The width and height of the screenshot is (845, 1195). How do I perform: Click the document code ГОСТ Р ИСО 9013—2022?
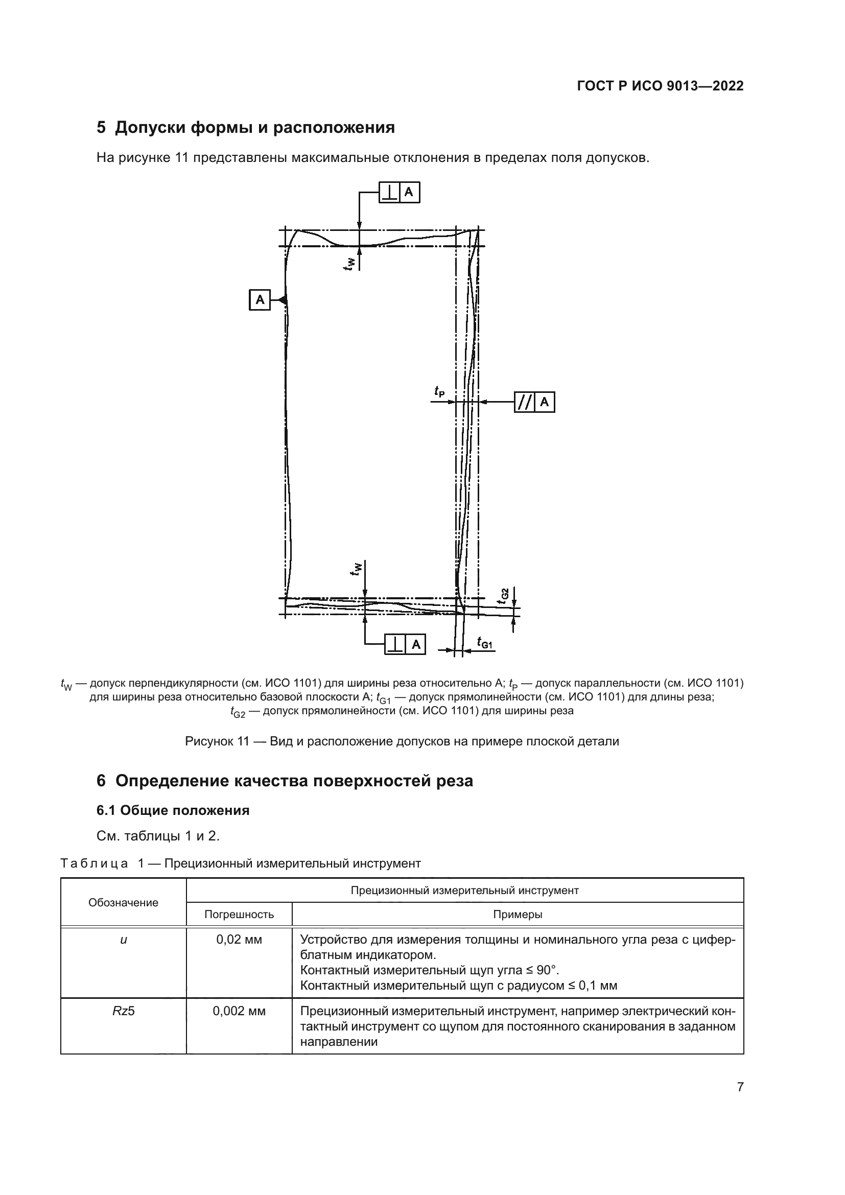tap(660, 86)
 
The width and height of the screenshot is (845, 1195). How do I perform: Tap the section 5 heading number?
tap(101, 128)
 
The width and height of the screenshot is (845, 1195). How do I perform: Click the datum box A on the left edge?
tap(260, 300)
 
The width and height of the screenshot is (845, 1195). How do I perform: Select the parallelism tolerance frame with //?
tap(534, 402)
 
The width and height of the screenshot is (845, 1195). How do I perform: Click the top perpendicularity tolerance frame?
tap(398, 193)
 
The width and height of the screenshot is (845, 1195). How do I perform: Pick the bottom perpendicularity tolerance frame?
tap(405, 644)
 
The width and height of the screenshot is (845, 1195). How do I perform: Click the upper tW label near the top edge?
tap(349, 264)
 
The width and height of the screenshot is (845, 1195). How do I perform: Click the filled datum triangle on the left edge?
tap(283, 300)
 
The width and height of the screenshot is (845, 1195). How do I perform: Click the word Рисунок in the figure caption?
tap(209, 741)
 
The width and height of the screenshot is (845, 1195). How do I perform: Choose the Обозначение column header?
tap(123, 902)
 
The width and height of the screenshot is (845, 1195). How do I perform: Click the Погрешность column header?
tap(239, 915)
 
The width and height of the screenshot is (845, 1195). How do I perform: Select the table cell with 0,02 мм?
tap(239, 940)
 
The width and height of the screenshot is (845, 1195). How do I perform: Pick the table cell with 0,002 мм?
tap(239, 1011)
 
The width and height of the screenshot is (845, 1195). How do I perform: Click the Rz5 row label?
tap(123, 1011)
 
